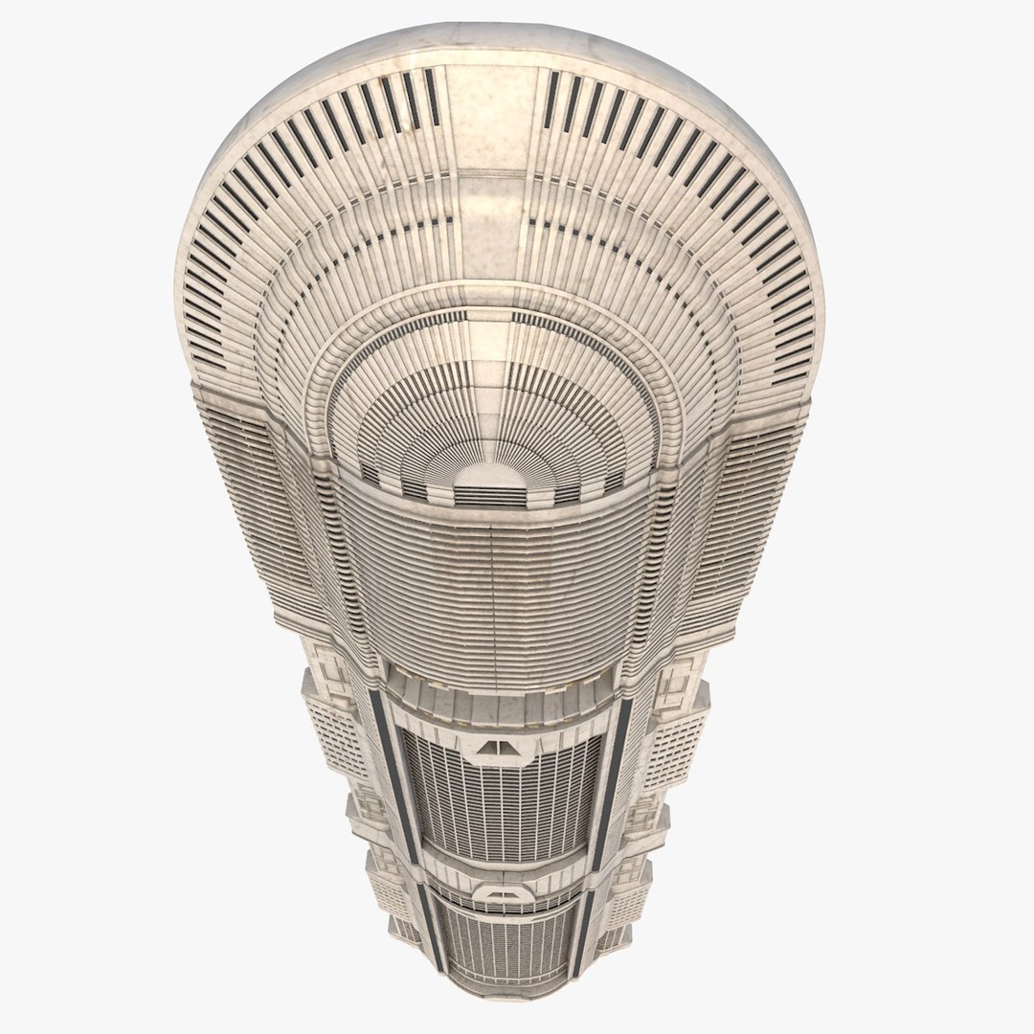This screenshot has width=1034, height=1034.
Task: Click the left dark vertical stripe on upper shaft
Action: pyautogui.click(x=387, y=766)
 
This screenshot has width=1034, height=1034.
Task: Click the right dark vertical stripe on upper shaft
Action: pyautogui.click(x=613, y=766)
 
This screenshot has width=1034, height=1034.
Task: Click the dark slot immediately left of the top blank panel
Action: pyautogui.click(x=433, y=96)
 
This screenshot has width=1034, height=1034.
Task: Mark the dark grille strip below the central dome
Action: pyautogui.click(x=489, y=497)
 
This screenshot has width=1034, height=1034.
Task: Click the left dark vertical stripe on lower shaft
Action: pyautogui.click(x=428, y=919)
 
